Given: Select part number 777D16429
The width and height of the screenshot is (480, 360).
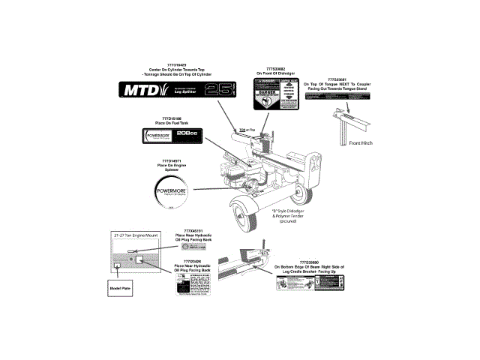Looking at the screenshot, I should [x=174, y=64].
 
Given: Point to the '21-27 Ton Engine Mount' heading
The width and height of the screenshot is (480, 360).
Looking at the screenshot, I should [x=133, y=235].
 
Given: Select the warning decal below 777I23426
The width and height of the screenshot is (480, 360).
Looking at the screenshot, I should [x=192, y=286].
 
